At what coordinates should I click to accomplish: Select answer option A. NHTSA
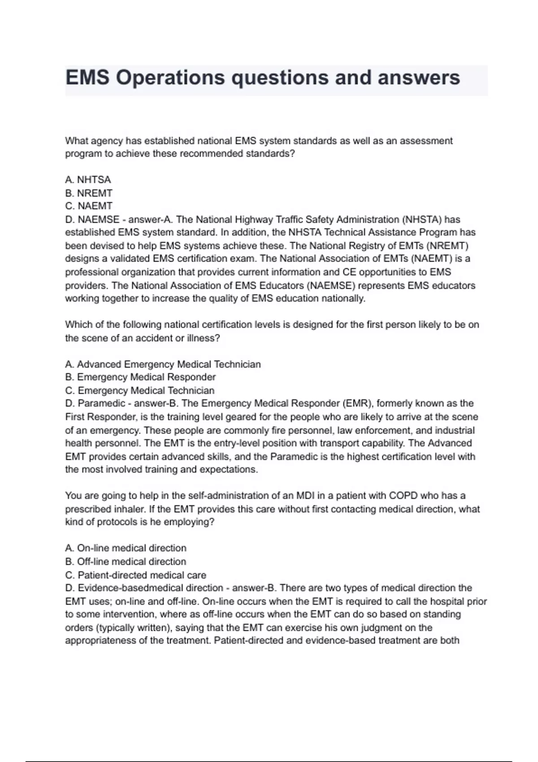point(88,180)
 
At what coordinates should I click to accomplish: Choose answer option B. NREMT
point(89,193)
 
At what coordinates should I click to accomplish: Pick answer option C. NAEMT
point(89,206)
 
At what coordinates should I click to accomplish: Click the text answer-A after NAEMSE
point(151,220)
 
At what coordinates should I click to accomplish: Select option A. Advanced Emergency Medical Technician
point(163,364)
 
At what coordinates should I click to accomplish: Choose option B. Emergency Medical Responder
point(140,377)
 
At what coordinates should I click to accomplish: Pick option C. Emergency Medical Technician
point(140,390)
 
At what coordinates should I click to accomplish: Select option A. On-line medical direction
point(126,548)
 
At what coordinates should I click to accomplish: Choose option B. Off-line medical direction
point(126,562)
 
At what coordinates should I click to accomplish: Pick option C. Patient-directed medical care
point(136,575)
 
